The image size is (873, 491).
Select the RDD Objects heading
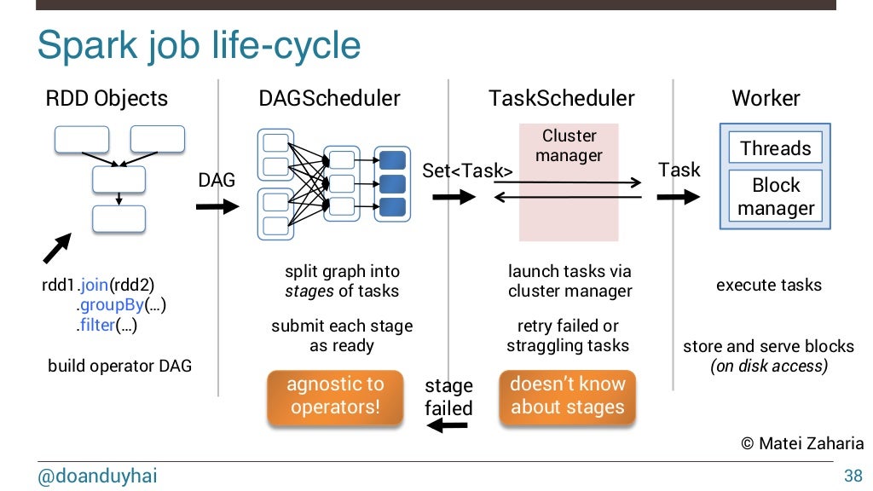106,98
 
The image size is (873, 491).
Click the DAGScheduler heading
329,98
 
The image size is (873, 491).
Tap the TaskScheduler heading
561,98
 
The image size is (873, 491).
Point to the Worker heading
766,98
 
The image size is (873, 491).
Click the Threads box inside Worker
775,148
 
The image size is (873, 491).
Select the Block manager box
775,197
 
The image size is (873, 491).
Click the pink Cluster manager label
569,146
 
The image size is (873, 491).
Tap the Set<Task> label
467,171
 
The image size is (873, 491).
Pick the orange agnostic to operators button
335,396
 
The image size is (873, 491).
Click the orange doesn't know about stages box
567,396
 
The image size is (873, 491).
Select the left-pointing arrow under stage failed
448,426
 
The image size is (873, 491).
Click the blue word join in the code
94,285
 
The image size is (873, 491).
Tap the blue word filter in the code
93,325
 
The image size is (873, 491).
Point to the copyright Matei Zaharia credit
801,444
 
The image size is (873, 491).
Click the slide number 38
853,476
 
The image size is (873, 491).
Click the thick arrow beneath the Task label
679,198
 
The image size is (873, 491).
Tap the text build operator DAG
119,367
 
